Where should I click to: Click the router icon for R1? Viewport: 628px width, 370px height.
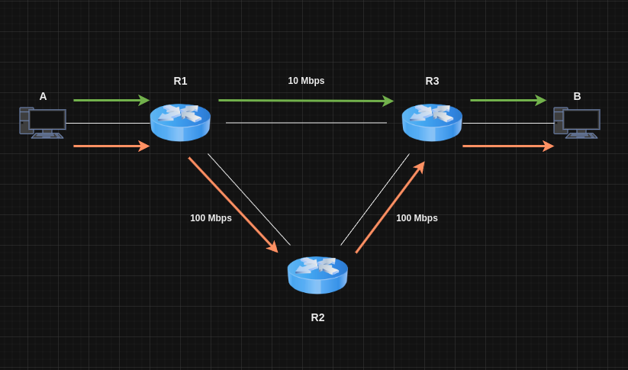click(x=180, y=122)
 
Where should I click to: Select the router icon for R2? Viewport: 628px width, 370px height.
click(x=317, y=275)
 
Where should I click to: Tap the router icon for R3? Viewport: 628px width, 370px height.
click(x=432, y=122)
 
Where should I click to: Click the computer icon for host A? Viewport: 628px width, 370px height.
click(x=43, y=122)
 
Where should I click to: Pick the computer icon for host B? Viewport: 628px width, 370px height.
click(x=577, y=122)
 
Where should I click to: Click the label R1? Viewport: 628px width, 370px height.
click(x=180, y=81)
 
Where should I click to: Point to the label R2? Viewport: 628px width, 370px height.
click(x=317, y=317)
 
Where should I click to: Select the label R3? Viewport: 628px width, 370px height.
click(x=432, y=81)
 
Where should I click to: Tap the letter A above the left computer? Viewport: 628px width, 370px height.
click(x=43, y=96)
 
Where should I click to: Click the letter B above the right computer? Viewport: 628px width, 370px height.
click(x=577, y=96)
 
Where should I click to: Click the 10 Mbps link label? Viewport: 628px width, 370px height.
click(x=306, y=81)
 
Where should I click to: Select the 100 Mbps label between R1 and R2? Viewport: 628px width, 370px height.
click(x=211, y=218)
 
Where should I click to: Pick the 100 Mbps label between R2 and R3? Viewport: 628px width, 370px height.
click(x=417, y=218)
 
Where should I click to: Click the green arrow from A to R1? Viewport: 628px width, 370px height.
click(x=111, y=100)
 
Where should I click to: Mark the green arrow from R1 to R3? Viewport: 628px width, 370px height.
click(x=305, y=100)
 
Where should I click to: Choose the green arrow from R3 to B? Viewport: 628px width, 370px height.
click(x=508, y=100)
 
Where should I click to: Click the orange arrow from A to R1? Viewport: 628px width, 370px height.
click(x=111, y=146)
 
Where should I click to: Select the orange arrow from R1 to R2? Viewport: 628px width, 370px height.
click(x=233, y=204)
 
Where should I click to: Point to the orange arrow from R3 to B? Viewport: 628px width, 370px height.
click(x=508, y=146)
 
